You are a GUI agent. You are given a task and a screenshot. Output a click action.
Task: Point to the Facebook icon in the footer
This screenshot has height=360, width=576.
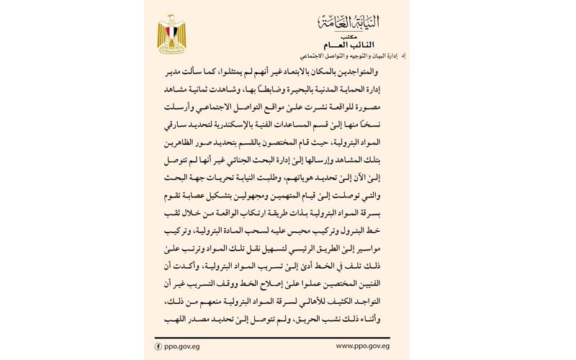tap(158, 346)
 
